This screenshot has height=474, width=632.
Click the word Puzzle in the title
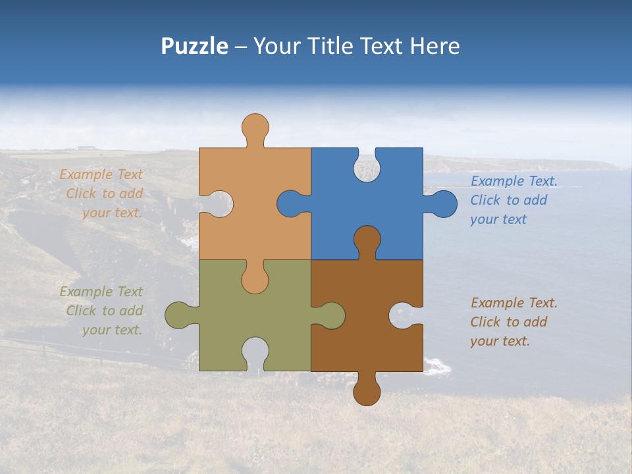click(x=194, y=46)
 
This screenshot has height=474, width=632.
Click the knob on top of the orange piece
click(x=255, y=126)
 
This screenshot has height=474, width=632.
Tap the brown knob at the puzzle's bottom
click(x=367, y=392)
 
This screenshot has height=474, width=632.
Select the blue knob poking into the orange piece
click(x=290, y=204)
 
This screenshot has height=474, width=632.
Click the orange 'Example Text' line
click(x=101, y=174)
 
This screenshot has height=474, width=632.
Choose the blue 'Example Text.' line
click(x=513, y=181)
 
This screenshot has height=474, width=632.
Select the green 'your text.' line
click(x=112, y=330)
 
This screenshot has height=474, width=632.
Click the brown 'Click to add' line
click(x=508, y=322)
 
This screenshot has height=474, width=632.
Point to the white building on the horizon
click(x=85, y=147)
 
